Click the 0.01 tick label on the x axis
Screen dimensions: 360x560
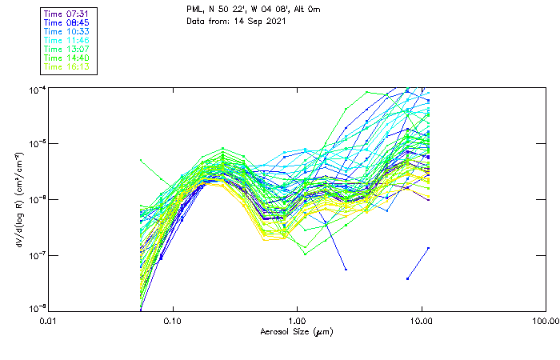(49, 321)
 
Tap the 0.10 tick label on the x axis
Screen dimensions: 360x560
(173, 321)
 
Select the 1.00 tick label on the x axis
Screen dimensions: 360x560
(297, 321)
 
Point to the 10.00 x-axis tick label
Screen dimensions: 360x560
(421, 321)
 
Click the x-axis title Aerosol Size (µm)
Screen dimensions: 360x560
(297, 331)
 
